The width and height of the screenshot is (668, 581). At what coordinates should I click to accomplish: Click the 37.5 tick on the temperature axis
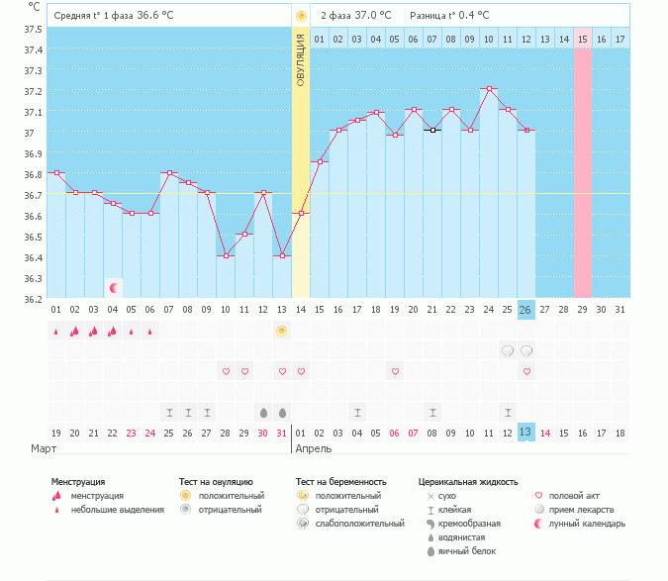(34, 29)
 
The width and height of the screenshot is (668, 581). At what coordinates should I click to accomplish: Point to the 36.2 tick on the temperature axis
(34, 299)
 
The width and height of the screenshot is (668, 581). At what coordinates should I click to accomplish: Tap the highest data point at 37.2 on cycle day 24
(489, 89)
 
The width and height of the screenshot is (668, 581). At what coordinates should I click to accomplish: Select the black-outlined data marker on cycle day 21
(432, 131)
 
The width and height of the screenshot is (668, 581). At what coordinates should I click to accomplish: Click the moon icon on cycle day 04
(114, 288)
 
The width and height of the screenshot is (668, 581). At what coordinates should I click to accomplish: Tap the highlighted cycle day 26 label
(526, 310)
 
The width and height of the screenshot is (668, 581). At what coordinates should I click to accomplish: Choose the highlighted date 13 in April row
(526, 433)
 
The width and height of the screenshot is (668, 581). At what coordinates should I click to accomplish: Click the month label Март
(44, 448)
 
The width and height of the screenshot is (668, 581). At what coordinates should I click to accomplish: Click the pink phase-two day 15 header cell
(582, 39)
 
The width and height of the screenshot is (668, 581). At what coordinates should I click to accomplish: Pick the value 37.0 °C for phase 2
(372, 15)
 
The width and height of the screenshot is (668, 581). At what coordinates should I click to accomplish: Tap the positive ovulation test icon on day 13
(282, 331)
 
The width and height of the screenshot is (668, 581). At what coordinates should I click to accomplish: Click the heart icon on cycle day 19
(395, 371)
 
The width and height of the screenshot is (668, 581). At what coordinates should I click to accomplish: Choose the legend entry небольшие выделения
(117, 510)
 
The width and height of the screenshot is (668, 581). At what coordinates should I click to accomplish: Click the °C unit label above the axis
(35, 7)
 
